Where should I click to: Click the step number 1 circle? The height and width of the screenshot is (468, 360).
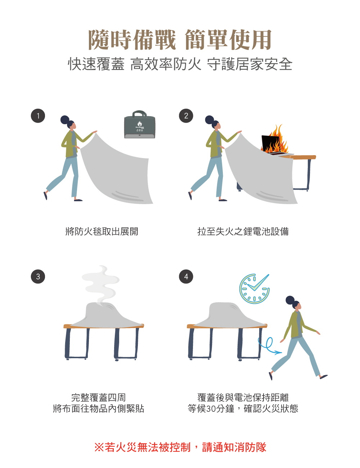[38, 116]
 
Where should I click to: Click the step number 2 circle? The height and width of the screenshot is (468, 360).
[186, 116]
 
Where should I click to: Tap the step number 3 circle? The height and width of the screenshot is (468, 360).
[38, 276]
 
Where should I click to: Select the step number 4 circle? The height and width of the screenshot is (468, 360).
[186, 276]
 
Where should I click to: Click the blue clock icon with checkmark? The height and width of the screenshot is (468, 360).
[254, 289]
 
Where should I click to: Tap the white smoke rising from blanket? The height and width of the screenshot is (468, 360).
[101, 284]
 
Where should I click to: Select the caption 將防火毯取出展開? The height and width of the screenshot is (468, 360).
[102, 231]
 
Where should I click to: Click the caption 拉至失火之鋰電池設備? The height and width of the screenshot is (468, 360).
[243, 231]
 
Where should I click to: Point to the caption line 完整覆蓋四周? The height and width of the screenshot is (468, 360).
[98, 397]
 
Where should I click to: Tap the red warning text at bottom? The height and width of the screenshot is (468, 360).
[180, 447]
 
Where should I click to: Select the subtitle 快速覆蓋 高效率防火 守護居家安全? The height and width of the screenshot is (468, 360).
[180, 64]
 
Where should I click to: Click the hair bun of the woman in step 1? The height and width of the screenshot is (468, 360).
[64, 120]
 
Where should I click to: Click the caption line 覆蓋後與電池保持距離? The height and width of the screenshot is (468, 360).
[243, 397]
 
